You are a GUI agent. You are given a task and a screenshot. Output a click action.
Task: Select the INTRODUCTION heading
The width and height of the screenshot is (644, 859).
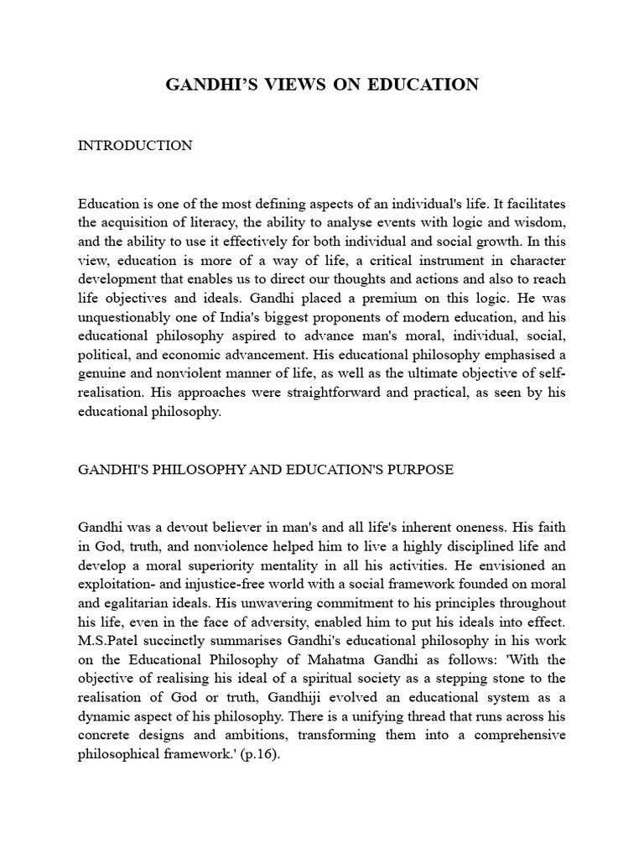click(135, 146)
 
